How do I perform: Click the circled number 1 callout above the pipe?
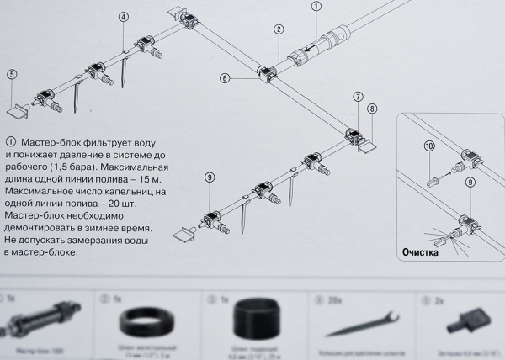316,7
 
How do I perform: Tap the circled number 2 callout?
278,29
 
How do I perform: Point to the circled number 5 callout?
12,74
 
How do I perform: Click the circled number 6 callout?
225,78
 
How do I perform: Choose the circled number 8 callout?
372,108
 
